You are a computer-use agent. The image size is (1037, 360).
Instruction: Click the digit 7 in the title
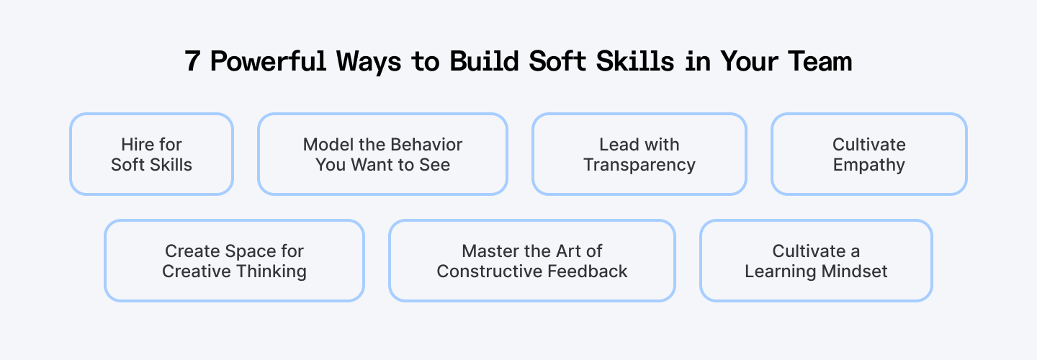click(192, 62)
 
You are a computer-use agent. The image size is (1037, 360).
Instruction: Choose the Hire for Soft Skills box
click(151, 154)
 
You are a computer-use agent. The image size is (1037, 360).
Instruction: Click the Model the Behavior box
click(382, 154)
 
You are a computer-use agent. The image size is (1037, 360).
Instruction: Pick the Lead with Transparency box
click(639, 154)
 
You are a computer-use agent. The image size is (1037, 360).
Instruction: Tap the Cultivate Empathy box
click(868, 154)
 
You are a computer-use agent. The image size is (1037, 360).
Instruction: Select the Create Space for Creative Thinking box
click(234, 261)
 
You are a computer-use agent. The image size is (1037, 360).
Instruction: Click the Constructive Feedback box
click(532, 261)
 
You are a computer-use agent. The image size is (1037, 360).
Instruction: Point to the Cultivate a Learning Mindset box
click(816, 261)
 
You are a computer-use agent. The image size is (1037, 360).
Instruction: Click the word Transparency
click(639, 165)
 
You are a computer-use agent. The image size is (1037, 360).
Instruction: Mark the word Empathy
click(868, 165)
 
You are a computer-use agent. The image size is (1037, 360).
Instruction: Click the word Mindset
click(856, 271)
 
